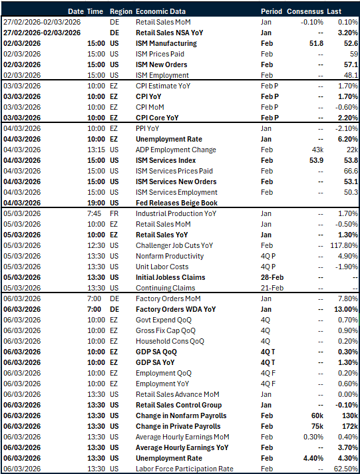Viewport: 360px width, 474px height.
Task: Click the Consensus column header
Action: tap(307, 12)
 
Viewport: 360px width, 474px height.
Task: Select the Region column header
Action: tap(120, 12)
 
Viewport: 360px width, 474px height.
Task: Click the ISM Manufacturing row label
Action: tap(166, 43)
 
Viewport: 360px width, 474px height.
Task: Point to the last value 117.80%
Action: tap(345, 245)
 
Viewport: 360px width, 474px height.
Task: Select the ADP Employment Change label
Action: tap(176, 150)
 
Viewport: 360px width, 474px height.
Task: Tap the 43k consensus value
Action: tap(317, 150)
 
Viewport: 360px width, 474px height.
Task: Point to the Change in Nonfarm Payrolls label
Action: tap(180, 415)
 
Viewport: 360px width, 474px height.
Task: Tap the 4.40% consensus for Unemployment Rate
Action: tap(313, 458)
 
